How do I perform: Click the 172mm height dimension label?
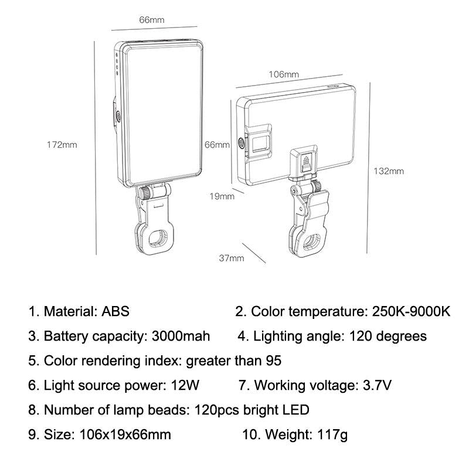tap(62, 145)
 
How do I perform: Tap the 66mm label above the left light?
tap(151, 19)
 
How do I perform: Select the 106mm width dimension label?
tap(284, 74)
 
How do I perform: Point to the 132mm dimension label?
tap(389, 171)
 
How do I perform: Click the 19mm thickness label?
tap(222, 196)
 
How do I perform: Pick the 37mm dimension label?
tap(232, 258)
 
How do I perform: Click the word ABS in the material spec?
tap(115, 311)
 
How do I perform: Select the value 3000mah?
tap(181, 337)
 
